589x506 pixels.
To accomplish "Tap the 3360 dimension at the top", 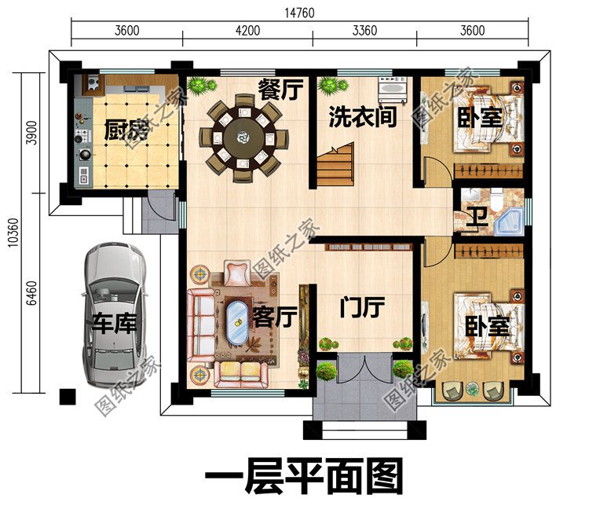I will tap(362, 31).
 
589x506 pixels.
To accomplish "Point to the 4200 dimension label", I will tap(246, 31).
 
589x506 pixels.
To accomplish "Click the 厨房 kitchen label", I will tap(127, 130).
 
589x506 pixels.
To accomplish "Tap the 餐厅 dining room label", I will tap(280, 90).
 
